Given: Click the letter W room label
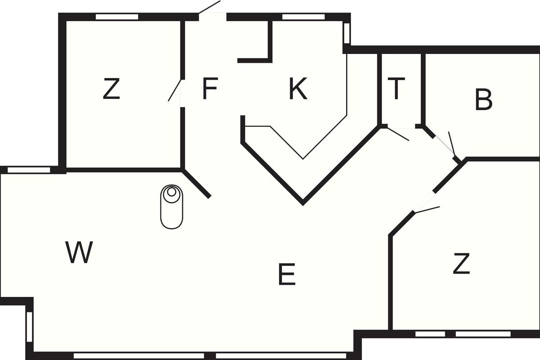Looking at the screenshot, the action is (79, 252).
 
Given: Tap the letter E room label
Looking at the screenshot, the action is (287, 274).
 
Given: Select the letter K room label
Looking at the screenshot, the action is (298, 89).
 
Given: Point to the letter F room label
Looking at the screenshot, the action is (210, 89).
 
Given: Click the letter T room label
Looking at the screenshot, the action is (396, 89).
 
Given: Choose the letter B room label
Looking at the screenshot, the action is (484, 99).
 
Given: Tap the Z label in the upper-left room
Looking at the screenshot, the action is (112, 89).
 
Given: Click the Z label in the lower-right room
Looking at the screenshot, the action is (461, 263).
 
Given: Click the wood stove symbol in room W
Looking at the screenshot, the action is (171, 207).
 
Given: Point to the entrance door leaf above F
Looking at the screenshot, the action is (210, 7).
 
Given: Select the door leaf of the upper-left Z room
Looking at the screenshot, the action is (175, 90).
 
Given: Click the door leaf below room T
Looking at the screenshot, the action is (398, 134).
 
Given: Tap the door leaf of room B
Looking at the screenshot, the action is (452, 144).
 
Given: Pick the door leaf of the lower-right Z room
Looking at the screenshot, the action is (427, 210).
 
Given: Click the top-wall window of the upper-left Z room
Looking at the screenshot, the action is (117, 17).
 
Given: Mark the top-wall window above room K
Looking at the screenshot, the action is (303, 17).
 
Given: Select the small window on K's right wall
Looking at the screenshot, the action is (346, 33).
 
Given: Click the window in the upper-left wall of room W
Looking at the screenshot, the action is (29, 170).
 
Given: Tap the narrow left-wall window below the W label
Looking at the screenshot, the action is (29, 327).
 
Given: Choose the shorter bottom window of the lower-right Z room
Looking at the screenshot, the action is (430, 334).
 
